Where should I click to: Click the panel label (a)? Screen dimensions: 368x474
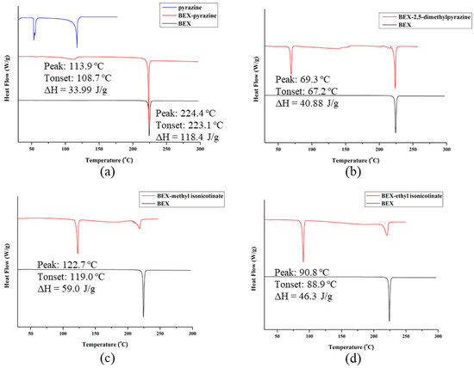coord(109,171)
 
